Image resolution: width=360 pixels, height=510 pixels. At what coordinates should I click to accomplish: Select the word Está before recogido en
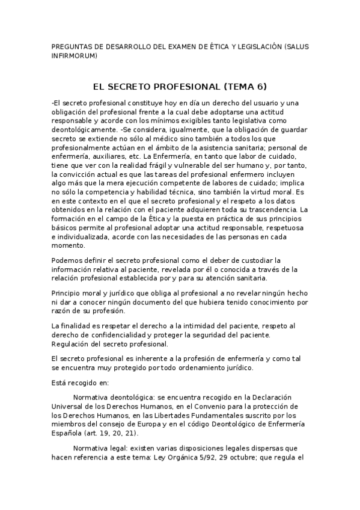[x=61, y=382]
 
